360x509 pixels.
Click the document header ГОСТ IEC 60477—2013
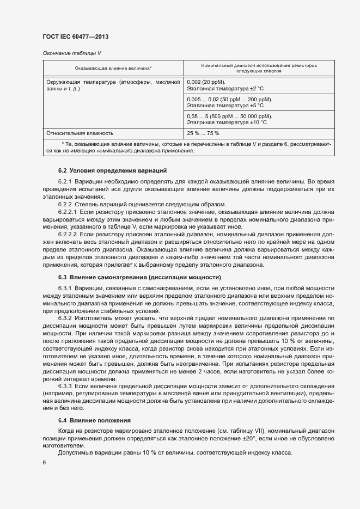79,36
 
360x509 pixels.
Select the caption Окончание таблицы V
71,53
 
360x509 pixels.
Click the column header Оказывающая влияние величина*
113,68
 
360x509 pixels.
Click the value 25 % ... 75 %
203,133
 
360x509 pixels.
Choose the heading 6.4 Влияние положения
95,421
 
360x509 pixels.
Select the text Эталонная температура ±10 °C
227,122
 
